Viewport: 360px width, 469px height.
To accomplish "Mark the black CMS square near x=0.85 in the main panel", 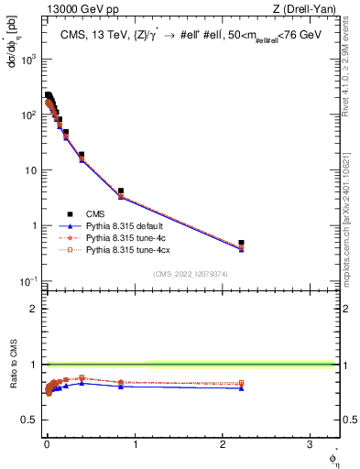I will tap(121, 191).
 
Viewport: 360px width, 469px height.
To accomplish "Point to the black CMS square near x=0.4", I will tap(82, 155).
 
